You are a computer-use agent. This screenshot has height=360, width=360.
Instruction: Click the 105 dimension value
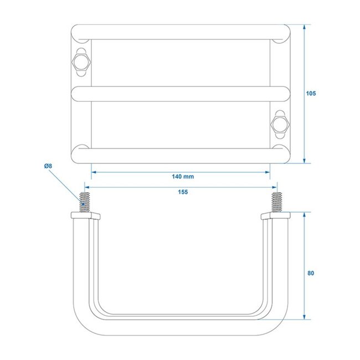(311, 94)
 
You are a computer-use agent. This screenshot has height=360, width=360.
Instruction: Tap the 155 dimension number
(182, 192)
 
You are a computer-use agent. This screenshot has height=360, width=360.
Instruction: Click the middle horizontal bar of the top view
(181, 94)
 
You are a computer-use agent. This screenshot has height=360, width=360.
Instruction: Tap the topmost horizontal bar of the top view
(181, 32)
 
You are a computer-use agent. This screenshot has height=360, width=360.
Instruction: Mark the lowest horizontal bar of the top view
(181, 156)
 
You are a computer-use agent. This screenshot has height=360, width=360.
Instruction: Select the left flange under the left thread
(85, 215)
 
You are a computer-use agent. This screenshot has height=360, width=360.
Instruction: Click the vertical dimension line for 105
(305, 127)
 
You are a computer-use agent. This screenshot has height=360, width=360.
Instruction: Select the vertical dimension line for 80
(305, 294)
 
